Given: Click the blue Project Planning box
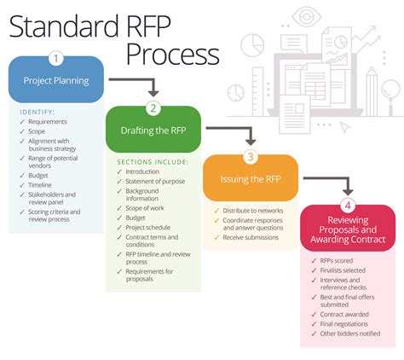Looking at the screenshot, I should tap(56, 81).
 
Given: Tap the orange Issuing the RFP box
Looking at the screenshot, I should tap(250, 178).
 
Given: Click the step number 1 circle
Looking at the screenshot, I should tap(56, 59).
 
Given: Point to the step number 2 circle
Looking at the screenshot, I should tap(153, 108).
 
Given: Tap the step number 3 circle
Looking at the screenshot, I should tap(250, 157).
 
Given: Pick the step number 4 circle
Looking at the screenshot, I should tap(347, 205).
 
